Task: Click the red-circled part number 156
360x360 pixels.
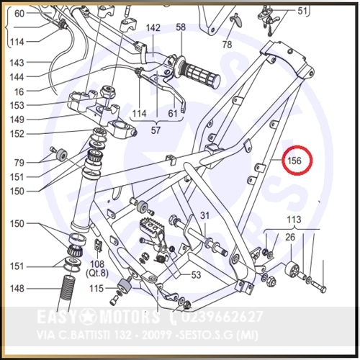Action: pyautogui.click(x=294, y=161)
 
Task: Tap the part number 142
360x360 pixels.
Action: pyautogui.click(x=153, y=28)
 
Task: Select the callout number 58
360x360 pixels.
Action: pyautogui.click(x=181, y=27)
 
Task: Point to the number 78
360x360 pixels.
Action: pyautogui.click(x=227, y=45)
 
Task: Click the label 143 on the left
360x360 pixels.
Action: pyautogui.click(x=17, y=63)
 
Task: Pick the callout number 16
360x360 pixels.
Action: pyautogui.click(x=19, y=91)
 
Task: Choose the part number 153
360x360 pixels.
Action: pyautogui.click(x=17, y=105)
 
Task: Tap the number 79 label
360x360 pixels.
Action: pyautogui.click(x=19, y=163)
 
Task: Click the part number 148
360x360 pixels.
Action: pyautogui.click(x=17, y=289)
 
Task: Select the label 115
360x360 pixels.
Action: pyautogui.click(x=96, y=289)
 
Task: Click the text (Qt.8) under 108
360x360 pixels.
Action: pyautogui.click(x=97, y=274)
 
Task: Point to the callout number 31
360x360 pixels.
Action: pyautogui.click(x=204, y=216)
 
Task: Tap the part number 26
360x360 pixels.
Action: pyautogui.click(x=290, y=237)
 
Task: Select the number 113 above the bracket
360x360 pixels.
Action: pyautogui.click(x=294, y=220)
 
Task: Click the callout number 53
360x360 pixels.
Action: pyautogui.click(x=196, y=275)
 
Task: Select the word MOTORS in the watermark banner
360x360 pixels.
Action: pyautogui.click(x=130, y=317)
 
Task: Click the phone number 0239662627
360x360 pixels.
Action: pyautogui.click(x=222, y=317)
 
